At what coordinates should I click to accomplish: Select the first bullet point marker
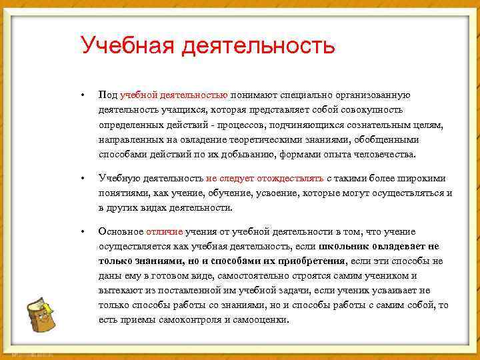pos(81,95)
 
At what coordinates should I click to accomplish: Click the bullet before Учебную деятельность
pos(81,179)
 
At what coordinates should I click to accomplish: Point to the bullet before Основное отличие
pos(81,231)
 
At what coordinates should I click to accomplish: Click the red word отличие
pos(164,231)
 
